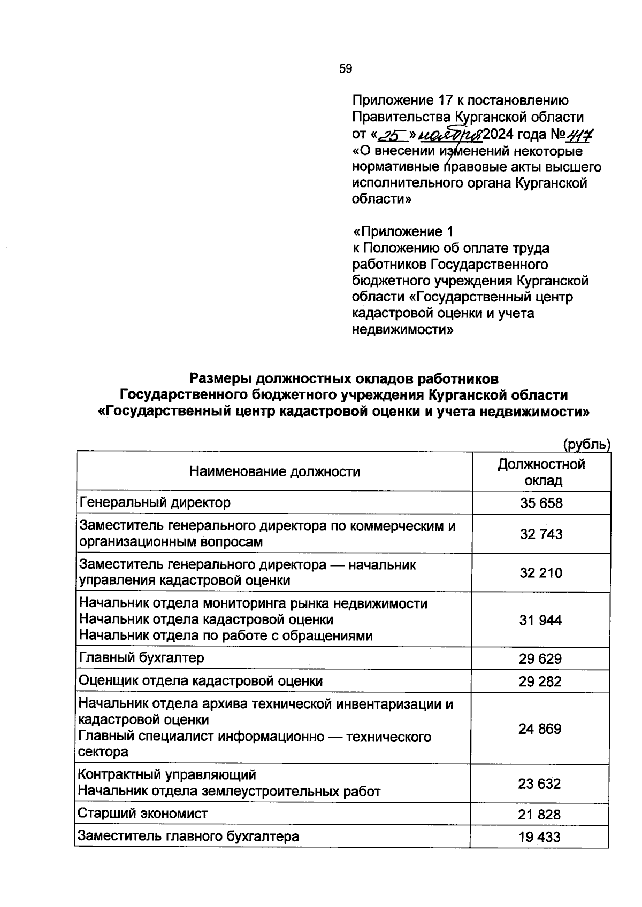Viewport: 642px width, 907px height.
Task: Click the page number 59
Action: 346,68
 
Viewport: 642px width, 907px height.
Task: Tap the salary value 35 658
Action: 541,503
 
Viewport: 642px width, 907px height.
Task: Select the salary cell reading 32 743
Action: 541,534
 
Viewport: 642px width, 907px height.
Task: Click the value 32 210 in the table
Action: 541,573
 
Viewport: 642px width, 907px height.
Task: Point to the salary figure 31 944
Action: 540,620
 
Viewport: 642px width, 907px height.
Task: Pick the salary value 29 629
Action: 540,658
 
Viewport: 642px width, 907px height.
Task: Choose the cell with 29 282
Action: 540,681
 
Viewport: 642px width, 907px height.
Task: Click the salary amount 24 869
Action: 540,729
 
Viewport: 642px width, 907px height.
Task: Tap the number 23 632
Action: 539,784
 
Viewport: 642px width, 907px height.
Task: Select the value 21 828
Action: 539,815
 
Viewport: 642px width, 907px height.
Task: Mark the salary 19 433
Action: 539,837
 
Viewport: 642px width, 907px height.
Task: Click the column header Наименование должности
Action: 274,471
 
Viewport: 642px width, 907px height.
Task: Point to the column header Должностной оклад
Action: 541,472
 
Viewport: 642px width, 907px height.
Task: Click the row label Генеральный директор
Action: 155,502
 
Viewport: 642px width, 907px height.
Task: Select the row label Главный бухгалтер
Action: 142,657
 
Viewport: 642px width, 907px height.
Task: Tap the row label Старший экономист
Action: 143,813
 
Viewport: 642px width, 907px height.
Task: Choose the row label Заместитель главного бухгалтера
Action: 188,836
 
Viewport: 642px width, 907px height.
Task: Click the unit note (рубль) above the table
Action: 586,444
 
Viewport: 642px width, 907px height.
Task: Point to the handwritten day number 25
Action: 393,134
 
